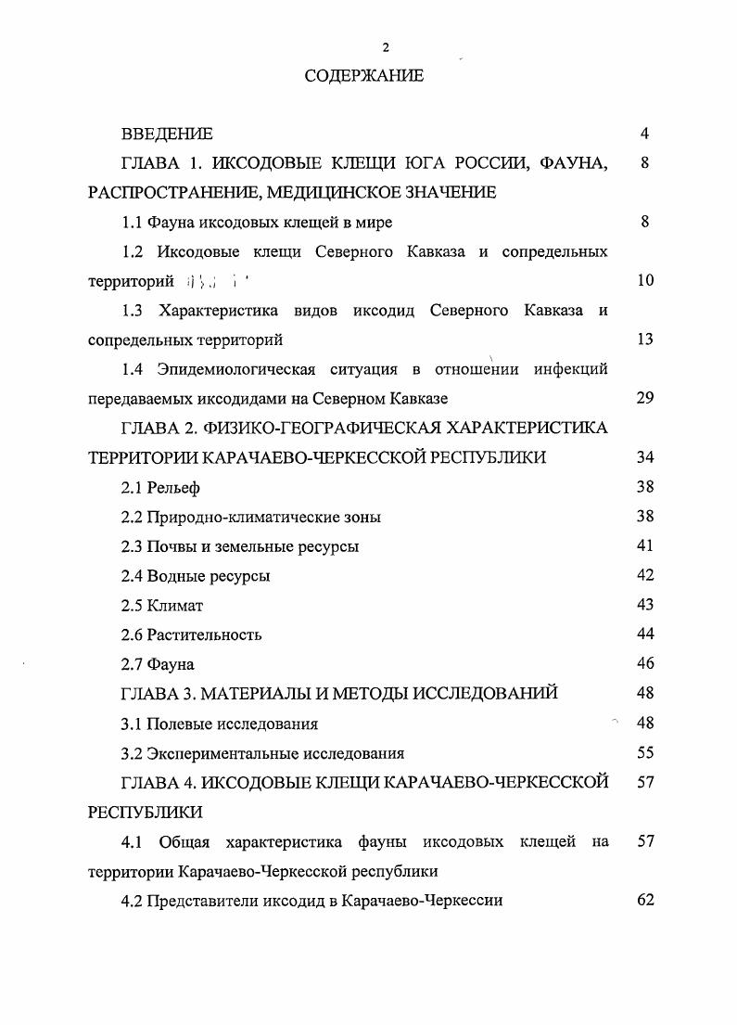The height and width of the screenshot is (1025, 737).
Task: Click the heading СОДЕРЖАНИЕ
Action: point(364,76)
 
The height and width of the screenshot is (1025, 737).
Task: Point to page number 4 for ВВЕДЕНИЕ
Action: point(644,134)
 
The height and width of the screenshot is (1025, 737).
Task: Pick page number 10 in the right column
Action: point(645,280)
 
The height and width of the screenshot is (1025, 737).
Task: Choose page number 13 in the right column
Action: point(645,340)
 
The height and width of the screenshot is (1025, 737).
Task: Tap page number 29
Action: point(645,398)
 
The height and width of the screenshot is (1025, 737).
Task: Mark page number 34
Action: point(645,457)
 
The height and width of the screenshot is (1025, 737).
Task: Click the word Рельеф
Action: point(173,487)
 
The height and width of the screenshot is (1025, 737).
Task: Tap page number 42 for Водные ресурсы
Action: point(645,575)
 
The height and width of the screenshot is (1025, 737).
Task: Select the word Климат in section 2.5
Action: point(174,606)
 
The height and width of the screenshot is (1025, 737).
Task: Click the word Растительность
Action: point(204,635)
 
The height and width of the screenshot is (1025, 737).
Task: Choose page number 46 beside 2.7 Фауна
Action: point(645,663)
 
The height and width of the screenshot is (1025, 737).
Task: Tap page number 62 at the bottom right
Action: point(645,901)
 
